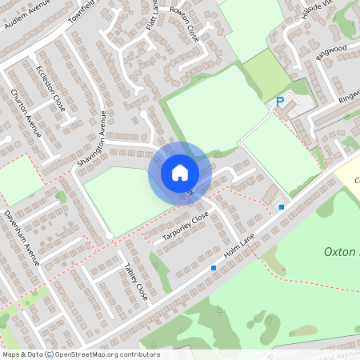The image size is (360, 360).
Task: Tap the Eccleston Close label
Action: (x=50, y=88)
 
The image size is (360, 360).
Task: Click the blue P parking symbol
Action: (x=280, y=102)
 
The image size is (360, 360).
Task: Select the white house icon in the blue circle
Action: (x=179, y=172)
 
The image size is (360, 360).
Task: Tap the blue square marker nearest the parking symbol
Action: (x=282, y=207)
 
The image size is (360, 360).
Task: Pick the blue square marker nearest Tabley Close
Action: (x=214, y=267)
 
